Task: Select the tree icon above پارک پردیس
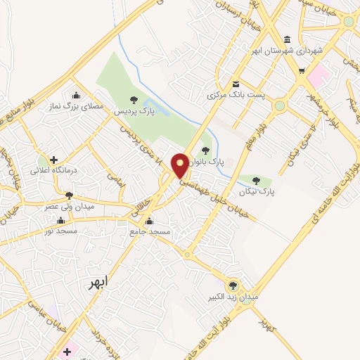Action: click(x=134, y=100)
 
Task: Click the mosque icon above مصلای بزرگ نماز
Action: click(x=77, y=96)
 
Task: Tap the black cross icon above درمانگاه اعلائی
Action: click(x=53, y=160)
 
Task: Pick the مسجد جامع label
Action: click(x=150, y=231)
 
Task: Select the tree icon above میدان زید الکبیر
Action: click(x=233, y=285)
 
